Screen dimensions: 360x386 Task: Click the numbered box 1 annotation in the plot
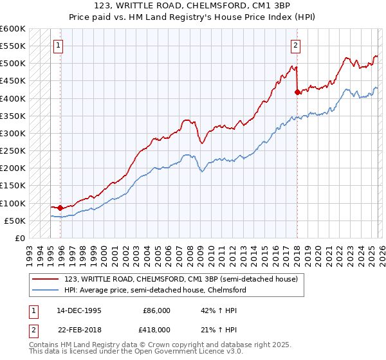[59, 45]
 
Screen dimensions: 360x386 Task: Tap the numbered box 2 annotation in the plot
[295, 45]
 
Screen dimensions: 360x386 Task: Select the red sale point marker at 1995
[60, 208]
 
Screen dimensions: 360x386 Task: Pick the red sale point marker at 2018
[297, 92]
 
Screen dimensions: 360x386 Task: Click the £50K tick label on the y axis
[15, 221]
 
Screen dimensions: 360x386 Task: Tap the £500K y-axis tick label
[12, 64]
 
